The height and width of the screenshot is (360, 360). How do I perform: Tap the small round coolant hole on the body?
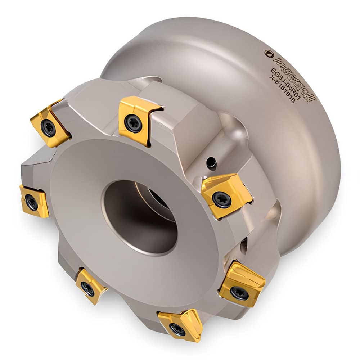click(x=212, y=164)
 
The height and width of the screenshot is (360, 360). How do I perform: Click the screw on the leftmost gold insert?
click(x=31, y=202)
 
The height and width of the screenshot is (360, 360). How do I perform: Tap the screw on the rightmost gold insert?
click(x=239, y=293)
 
